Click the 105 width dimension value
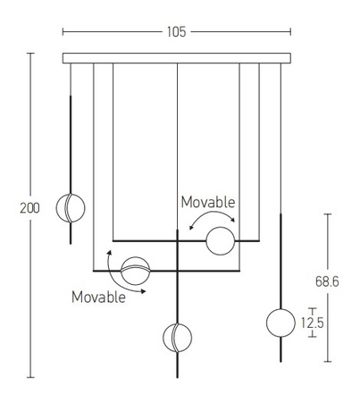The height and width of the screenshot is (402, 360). [176, 32]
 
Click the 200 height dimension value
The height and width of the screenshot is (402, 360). [29, 208]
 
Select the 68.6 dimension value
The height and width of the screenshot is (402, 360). [327, 281]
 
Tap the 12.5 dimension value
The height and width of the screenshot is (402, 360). [312, 322]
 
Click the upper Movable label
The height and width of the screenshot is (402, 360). [208, 202]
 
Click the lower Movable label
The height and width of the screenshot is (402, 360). [98, 297]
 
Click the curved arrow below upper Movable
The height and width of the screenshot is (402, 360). [212, 213]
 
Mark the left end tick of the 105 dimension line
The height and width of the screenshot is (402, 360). [63, 32]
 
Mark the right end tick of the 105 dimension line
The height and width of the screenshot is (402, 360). [290, 32]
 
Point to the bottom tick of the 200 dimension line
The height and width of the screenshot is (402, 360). [30, 377]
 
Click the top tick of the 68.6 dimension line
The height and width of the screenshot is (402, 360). [328, 214]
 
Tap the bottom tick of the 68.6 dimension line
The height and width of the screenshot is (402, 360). [328, 362]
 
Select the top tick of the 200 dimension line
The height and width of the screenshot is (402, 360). [30, 54]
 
